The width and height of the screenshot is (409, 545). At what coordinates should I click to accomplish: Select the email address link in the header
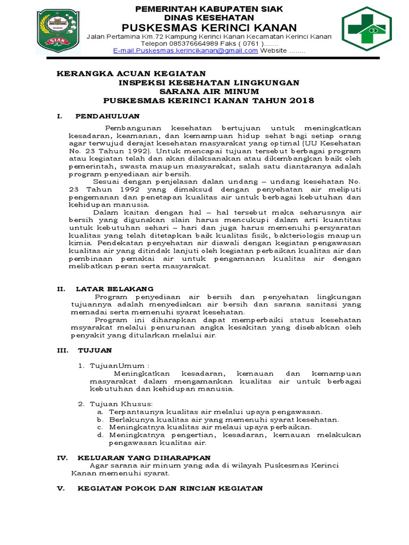186,51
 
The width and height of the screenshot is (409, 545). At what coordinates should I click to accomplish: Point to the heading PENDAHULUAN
108,115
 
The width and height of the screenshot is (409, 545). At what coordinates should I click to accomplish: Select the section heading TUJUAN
95,350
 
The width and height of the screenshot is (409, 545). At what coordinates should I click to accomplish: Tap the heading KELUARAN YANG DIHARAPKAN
144,458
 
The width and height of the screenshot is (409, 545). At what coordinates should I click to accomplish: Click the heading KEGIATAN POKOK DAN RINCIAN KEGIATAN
170,488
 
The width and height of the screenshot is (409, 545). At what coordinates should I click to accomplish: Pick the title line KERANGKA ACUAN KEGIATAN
131,73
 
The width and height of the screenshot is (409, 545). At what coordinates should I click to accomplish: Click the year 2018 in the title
301,100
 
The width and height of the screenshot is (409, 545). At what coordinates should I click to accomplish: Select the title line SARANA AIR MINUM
209,91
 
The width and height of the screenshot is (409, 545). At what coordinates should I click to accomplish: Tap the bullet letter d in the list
100,435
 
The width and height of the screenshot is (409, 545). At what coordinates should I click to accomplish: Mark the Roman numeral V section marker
61,488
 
